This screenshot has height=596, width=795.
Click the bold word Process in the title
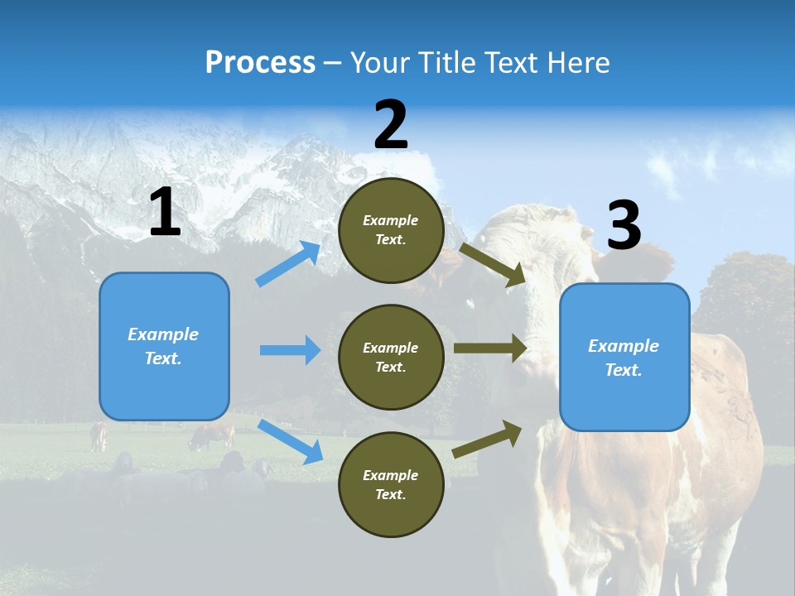260,62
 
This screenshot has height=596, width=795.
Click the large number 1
165,213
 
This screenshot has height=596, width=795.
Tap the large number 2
391,125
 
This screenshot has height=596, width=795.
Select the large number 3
624,226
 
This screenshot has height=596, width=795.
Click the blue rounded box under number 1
164,346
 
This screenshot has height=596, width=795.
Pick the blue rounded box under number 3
624,357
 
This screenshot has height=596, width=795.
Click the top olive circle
391,230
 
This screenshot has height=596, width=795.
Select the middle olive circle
391,357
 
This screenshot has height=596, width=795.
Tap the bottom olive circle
391,484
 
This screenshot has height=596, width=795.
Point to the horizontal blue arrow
290,350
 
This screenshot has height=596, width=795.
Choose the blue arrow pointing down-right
290,441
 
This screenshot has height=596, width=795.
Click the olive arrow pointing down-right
493,264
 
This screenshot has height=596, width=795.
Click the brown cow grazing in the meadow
214,435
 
